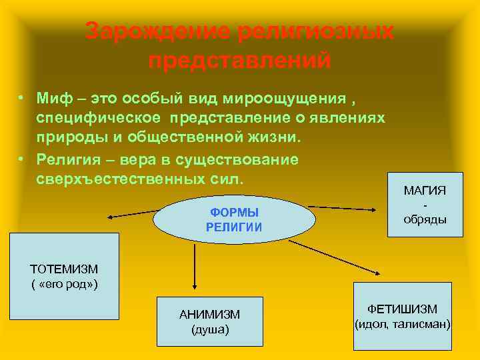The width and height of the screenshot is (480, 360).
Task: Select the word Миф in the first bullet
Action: pyautogui.click(x=55, y=99)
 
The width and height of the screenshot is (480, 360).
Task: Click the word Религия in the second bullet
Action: pyautogui.click(x=69, y=159)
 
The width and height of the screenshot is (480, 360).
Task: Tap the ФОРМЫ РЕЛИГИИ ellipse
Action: pyautogui.click(x=234, y=219)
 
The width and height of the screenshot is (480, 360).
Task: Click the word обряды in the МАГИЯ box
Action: pyautogui.click(x=425, y=220)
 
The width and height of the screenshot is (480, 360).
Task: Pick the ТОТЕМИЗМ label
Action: pyautogui.click(x=64, y=269)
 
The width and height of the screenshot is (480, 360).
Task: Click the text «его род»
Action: pyautogui.click(x=64, y=285)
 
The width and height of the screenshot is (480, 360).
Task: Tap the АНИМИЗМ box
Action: pyautogui.click(x=209, y=321)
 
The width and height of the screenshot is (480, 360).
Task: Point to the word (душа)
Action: pyautogui.click(x=209, y=329)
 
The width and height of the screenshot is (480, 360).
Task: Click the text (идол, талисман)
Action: pyautogui.click(x=403, y=325)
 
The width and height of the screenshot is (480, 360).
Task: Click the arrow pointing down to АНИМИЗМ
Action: pyautogui.click(x=194, y=267)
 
